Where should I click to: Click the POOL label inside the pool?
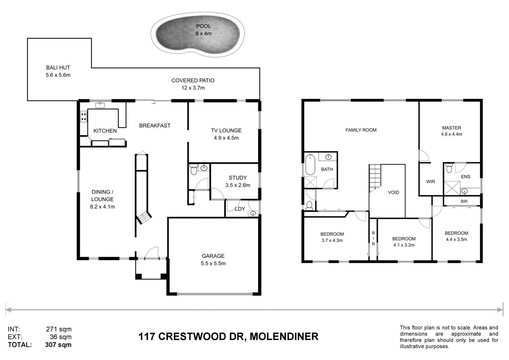coord(203,26)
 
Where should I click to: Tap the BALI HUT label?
coord(58,67)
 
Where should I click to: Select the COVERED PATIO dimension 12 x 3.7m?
coord(193,88)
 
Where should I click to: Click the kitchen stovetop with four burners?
coord(84,116)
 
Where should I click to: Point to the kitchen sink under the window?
coord(100,105)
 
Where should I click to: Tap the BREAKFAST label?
coord(155,125)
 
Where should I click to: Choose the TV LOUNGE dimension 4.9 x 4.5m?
coord(226,138)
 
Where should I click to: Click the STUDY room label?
coord(238,178)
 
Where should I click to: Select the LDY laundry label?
coord(240,209)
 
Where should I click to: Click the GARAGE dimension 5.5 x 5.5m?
coord(213,263)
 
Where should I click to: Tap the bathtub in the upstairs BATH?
coord(310,165)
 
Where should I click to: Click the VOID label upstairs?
coord(393,192)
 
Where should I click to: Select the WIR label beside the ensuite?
coord(430,181)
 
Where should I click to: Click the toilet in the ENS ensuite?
coord(449,168)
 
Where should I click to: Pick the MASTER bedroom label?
coord(451,128)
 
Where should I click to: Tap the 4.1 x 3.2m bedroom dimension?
coord(404,245)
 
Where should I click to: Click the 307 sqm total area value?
coord(58,344)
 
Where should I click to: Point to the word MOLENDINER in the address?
coord(284,336)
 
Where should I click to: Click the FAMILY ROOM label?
coord(361,130)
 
